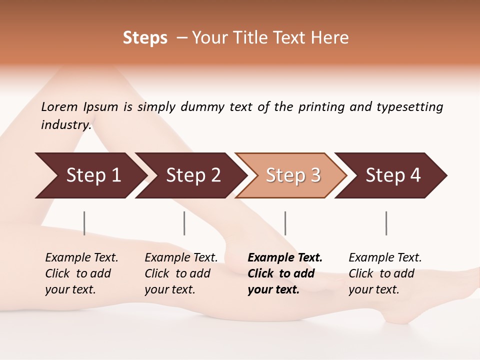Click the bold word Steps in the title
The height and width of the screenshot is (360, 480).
[145, 38]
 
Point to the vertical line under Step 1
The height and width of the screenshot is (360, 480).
[84, 223]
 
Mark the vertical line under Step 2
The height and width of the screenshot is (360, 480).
[184, 223]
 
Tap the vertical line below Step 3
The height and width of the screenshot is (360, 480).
[285, 223]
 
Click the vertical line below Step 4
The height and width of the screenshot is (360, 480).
[386, 223]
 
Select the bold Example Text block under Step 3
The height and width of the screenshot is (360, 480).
[285, 273]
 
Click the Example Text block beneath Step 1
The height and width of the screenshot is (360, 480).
[81, 273]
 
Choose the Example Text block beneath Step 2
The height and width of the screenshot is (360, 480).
[181, 273]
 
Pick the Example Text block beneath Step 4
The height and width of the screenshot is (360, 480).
[385, 273]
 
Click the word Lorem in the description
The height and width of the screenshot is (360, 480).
[59, 107]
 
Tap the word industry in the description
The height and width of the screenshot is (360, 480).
[65, 125]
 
